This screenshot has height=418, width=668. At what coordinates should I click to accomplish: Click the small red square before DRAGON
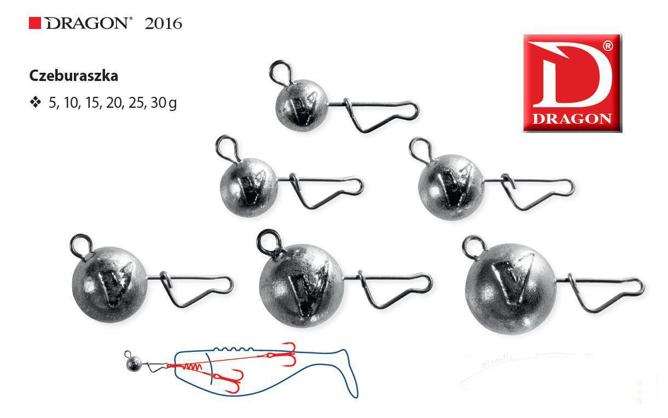tap(34, 24)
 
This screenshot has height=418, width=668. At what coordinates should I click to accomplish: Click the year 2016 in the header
tap(163, 24)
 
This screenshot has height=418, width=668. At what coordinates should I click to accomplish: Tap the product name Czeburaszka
tap(74, 76)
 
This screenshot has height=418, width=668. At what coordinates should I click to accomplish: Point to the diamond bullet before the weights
tap(36, 102)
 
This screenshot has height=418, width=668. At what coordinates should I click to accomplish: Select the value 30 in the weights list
tap(158, 102)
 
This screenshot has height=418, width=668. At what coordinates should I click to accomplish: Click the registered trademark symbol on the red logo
tap(608, 45)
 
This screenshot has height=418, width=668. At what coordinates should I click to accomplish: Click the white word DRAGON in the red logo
tap(572, 119)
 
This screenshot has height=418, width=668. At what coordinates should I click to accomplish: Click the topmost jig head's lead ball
tap(302, 105)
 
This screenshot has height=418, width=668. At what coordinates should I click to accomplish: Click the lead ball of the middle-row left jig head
tap(249, 187)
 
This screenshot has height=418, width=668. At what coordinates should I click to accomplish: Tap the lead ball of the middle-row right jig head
tap(451, 187)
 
